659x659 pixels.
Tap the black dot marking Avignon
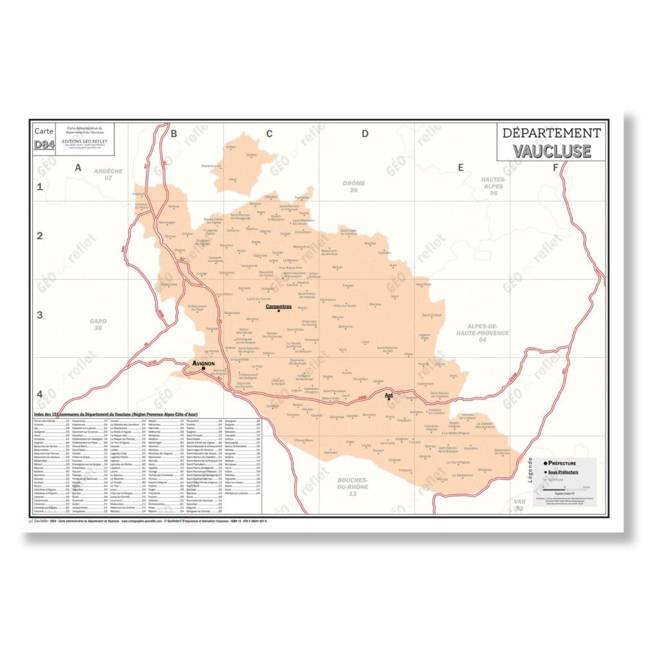point(204,369)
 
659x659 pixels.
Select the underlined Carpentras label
point(279,306)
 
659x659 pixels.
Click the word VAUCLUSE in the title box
point(552,151)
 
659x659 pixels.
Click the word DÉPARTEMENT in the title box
point(552,133)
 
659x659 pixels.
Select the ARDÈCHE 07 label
point(108,174)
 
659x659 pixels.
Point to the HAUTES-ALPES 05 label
point(494,186)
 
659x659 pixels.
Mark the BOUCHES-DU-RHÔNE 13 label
point(353,488)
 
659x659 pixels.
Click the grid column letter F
point(555,168)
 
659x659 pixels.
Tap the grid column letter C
point(269,134)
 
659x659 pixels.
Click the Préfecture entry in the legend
point(561,463)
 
